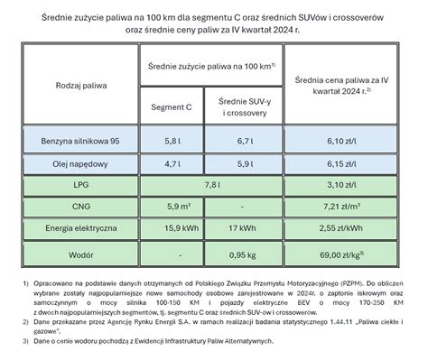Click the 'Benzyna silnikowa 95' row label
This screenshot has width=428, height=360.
(x=78, y=143)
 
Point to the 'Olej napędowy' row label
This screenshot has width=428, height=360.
(x=78, y=165)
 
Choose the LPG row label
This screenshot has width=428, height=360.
(x=78, y=186)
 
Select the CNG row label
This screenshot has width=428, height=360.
(x=78, y=206)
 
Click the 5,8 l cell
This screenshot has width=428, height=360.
(x=172, y=143)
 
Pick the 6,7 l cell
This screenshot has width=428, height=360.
(x=245, y=143)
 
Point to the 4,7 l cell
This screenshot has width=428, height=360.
(x=172, y=165)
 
